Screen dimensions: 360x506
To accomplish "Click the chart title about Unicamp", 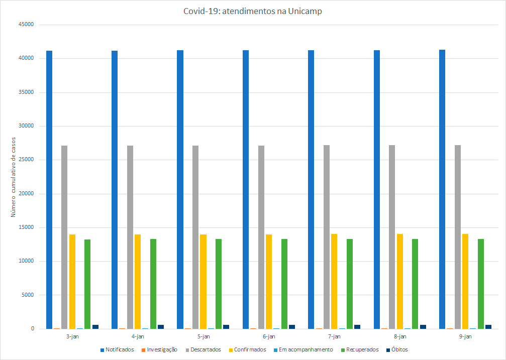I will tap(253, 12).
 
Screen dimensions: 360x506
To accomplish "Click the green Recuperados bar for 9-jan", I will tap(481, 284).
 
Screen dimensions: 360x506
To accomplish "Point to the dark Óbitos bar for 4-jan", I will tap(161, 327).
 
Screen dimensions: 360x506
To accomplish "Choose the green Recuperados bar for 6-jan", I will tap(284, 284).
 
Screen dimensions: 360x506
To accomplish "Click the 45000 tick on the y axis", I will tap(25, 25).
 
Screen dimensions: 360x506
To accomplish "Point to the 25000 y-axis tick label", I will tap(25, 160).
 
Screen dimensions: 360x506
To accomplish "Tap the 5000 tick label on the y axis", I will tap(26, 295).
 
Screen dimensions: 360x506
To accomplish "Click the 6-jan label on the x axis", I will tap(269, 336).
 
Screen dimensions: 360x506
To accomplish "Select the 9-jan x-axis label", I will tap(465, 336).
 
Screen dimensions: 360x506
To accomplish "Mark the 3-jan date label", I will tap(72, 336).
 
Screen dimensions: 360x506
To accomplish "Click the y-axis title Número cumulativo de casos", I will tap(14, 177).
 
